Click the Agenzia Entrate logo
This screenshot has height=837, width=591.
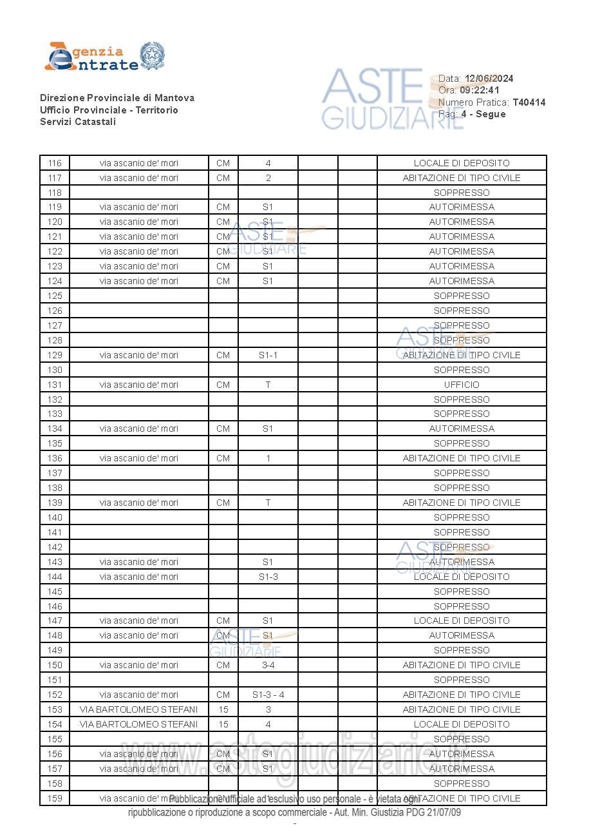(104, 57)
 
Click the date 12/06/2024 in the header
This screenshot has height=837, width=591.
(489, 79)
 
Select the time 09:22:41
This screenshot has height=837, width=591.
(479, 90)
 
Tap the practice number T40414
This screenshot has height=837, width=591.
(529, 102)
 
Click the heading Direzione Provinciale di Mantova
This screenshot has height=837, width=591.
(117, 98)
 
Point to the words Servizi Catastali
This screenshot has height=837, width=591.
(78, 122)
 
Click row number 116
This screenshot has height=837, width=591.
(55, 163)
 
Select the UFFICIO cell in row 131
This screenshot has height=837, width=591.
(462, 385)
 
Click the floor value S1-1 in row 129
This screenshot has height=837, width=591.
(268, 355)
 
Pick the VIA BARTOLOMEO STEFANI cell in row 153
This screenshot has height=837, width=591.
(138, 709)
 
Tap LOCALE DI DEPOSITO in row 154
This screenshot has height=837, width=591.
(462, 724)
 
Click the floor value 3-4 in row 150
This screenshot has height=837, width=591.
(268, 665)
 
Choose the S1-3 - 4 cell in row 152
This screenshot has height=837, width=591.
(268, 695)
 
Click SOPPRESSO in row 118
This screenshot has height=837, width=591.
(462, 193)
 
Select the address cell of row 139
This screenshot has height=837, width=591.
(138, 503)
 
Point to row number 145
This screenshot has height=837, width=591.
(55, 592)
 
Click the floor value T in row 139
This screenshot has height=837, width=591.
(268, 503)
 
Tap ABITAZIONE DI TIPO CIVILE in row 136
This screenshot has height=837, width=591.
(462, 458)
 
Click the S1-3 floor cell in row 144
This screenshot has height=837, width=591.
(268, 577)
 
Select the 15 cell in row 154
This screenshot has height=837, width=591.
(223, 724)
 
